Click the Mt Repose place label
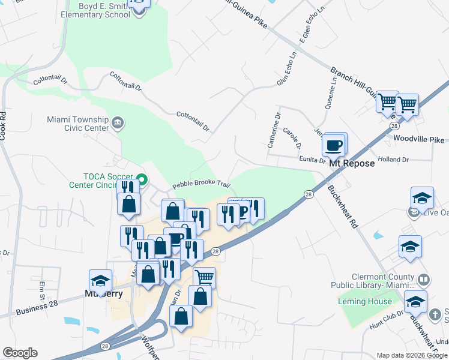pyautogui.click(x=352, y=163)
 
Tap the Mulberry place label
pyautogui.click(x=104, y=294)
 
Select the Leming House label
pyautogui.click(x=365, y=301)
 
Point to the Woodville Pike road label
pyautogui.click(x=419, y=139)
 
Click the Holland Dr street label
pyautogui.click(x=394, y=160)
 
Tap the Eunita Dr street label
pyautogui.click(x=312, y=160)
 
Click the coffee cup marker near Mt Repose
pyautogui.click(x=334, y=145)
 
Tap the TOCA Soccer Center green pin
pyautogui.click(x=142, y=179)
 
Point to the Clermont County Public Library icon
pyautogui.click(x=424, y=280)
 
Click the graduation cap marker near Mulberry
pyautogui.click(x=100, y=280)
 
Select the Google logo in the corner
pyautogui.click(x=20, y=353)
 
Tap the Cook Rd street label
pyautogui.click(x=3, y=125)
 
